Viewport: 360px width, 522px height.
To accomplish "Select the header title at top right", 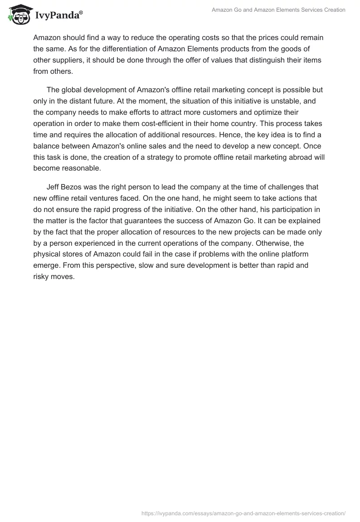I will point(278,10).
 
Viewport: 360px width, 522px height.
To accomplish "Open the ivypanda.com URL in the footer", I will point(243,513).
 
